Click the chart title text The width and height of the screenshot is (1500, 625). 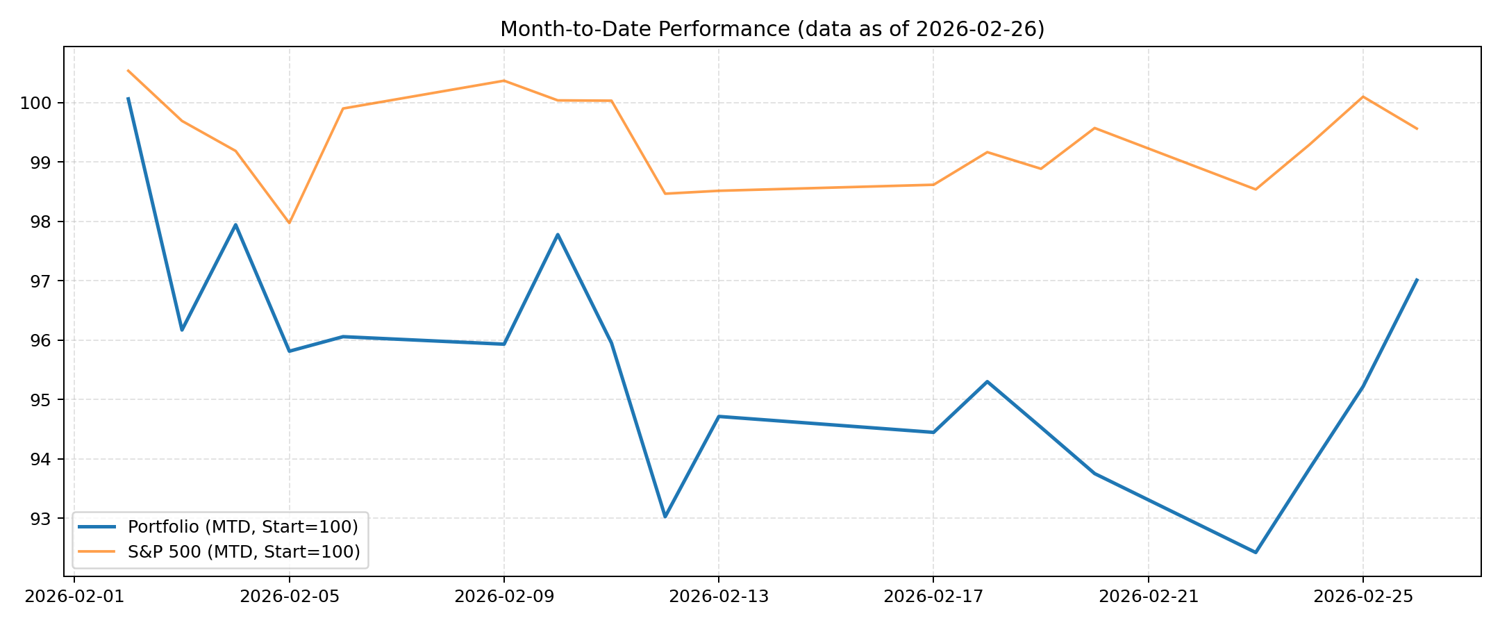coord(772,29)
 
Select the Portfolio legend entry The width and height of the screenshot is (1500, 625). coord(242,527)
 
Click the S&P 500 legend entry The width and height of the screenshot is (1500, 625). coord(244,552)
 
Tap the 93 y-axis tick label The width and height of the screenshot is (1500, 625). coord(42,519)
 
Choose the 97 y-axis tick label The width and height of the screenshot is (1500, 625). coord(42,281)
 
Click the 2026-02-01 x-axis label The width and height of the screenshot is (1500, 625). coord(74,597)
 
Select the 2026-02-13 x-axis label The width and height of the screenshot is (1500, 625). coord(719,597)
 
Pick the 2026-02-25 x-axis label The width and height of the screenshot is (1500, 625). coord(1362,597)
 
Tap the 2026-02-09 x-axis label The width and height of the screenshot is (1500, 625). coord(504,597)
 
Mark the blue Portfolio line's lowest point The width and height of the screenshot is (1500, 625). coord(1256,552)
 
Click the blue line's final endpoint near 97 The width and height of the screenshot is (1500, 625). coord(1417,280)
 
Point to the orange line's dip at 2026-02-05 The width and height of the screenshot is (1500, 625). coord(290,223)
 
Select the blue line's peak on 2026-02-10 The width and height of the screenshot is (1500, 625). coord(558,235)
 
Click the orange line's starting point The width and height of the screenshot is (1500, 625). coord(128,71)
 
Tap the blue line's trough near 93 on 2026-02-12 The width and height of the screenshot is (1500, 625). coord(665,517)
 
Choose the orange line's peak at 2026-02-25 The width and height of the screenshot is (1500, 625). coord(1362,97)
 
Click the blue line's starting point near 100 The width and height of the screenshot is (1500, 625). coord(128,99)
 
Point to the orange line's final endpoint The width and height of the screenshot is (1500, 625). coord(1417,128)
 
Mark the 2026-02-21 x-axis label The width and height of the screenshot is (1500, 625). coord(1148,597)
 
